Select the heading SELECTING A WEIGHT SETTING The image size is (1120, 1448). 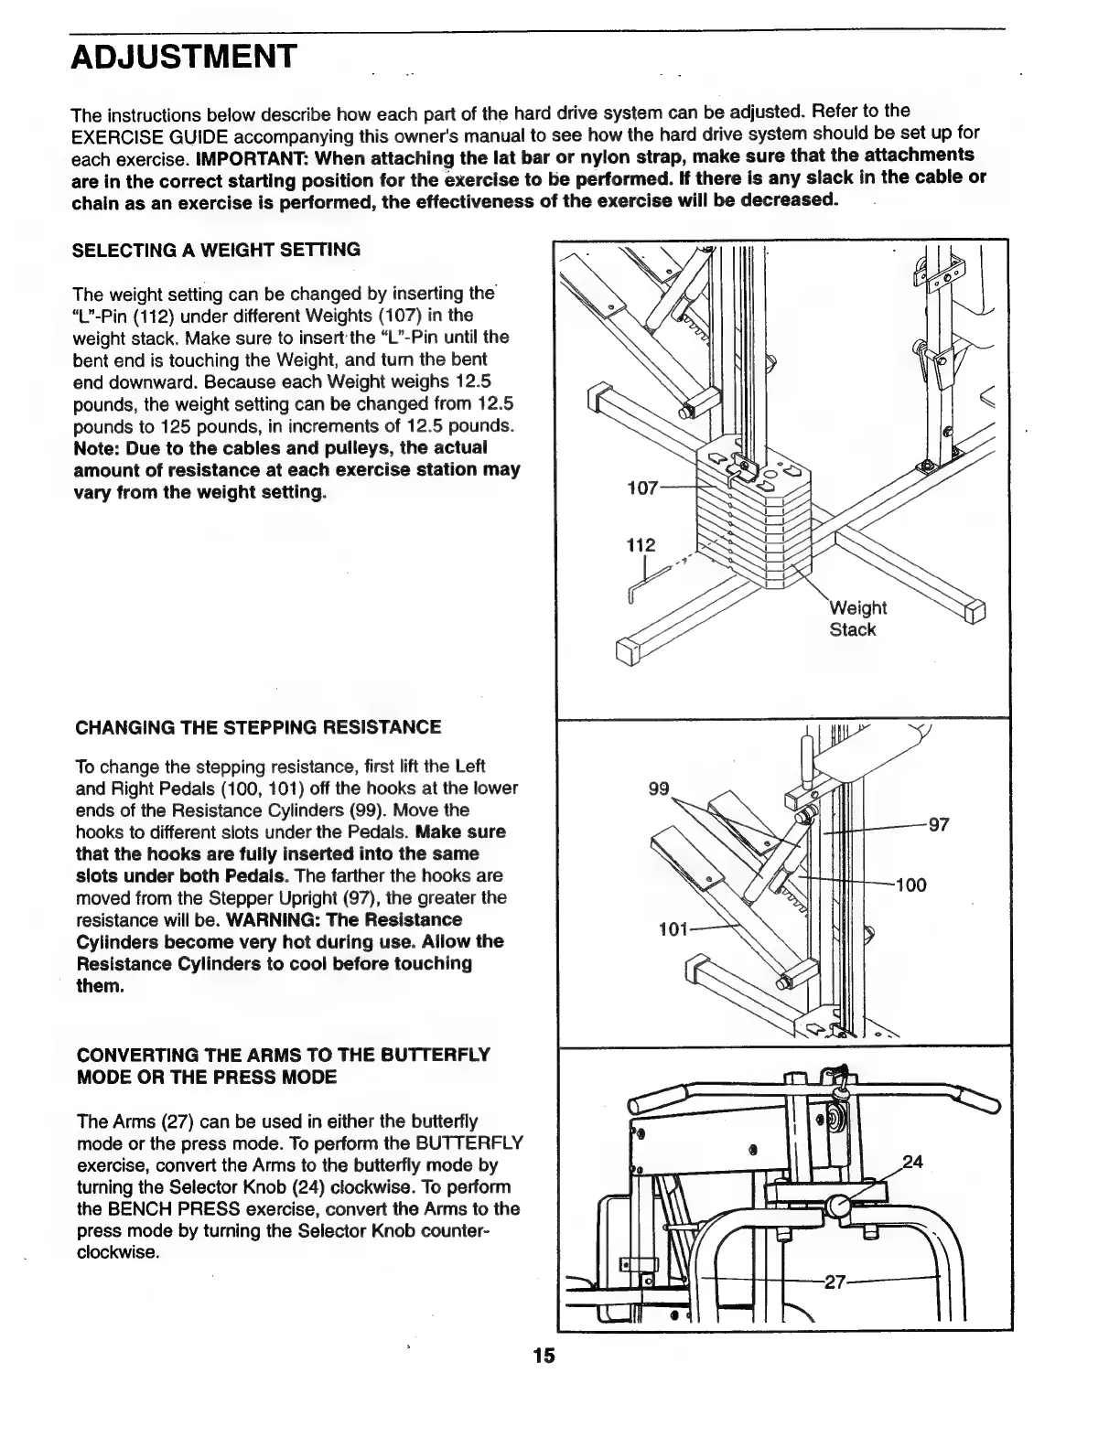coord(216,250)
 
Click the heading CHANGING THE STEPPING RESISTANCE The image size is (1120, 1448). coord(257,727)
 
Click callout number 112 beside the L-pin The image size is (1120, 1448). coord(641,546)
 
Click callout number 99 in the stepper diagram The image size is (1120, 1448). coord(659,789)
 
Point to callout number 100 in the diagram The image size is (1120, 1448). coord(910,885)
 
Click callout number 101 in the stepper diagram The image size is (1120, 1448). coord(673,931)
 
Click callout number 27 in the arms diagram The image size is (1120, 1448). coord(834,1282)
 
